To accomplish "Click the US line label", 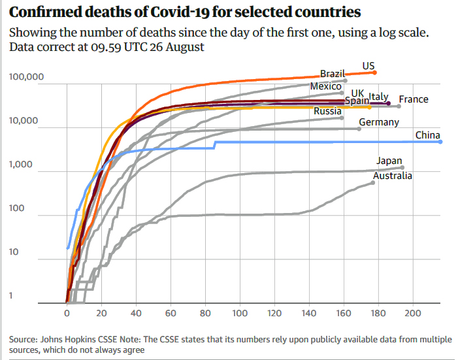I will tap(368, 65).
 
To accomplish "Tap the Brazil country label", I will tap(333, 74).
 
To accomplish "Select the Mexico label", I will tap(326, 86).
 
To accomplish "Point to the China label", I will tap(427, 135).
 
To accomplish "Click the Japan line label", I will tap(389, 161).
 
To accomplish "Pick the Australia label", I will tap(392, 175).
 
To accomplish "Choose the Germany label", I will tap(379, 122).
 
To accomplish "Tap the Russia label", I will tap(327, 111).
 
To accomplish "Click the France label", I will tap(414, 99).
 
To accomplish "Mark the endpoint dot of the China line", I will tap(440, 142).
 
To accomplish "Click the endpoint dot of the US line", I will tap(374, 73).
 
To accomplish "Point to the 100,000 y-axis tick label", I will tap(27, 78).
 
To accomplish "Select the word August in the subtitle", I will tap(183, 47).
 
